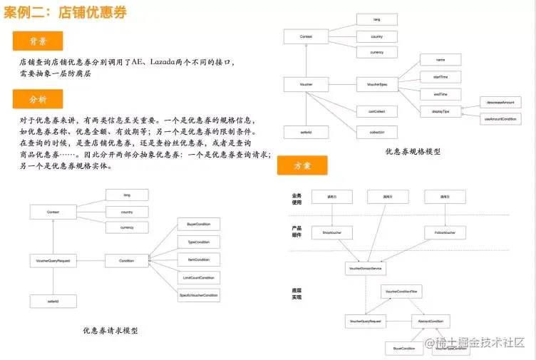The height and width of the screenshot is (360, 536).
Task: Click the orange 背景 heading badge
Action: [x=38, y=41]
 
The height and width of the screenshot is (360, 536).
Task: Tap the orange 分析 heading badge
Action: [x=38, y=99]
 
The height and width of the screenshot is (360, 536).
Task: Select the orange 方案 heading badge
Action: [x=302, y=165]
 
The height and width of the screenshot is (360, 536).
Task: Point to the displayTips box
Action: [x=440, y=111]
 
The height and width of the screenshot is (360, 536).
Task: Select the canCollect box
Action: [x=377, y=111]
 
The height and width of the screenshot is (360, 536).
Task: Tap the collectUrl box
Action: [x=377, y=132]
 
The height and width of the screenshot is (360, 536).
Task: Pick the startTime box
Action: [x=440, y=76]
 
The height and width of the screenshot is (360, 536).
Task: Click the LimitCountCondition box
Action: [x=198, y=277]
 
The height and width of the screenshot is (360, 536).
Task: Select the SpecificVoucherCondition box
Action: [x=198, y=294]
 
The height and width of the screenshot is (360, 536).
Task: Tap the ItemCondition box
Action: [x=198, y=259]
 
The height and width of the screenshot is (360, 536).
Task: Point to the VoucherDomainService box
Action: [x=366, y=269]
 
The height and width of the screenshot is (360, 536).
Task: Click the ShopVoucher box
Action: [x=333, y=232]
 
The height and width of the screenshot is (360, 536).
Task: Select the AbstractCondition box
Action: [x=431, y=322]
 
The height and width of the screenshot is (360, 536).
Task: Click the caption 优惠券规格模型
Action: [x=413, y=152]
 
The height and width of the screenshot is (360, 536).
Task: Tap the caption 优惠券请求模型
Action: [x=110, y=331]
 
